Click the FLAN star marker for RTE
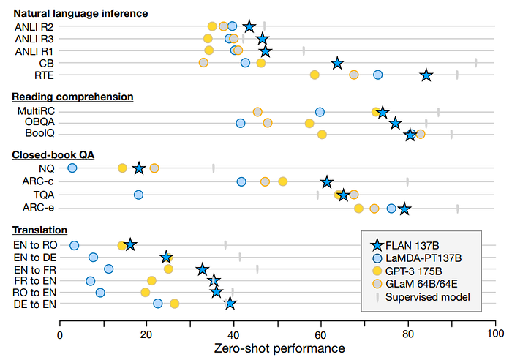pyautogui.click(x=426, y=75)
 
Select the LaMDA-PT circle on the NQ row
pyautogui.click(x=72, y=168)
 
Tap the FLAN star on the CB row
pyautogui.click(x=337, y=63)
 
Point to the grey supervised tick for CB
pyautogui.click(x=475, y=63)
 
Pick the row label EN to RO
pyautogui.click(x=34, y=244)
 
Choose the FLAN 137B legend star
pyautogui.click(x=377, y=245)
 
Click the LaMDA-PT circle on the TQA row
pyautogui.click(x=138, y=195)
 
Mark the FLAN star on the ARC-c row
pyautogui.click(x=327, y=181)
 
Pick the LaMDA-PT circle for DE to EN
pyautogui.click(x=158, y=303)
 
